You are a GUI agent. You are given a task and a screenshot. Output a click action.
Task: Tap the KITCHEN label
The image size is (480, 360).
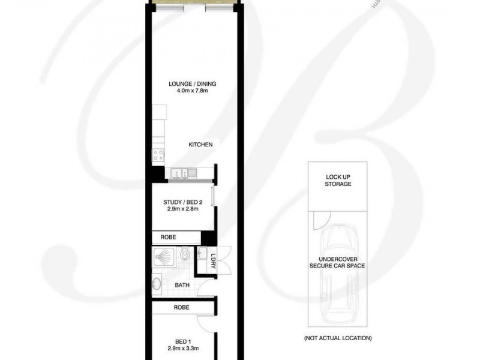(x=200, y=145)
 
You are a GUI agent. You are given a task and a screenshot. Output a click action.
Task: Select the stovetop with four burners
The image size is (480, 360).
(x=158, y=154)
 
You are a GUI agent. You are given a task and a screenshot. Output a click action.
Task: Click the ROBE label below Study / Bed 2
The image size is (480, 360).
(x=168, y=237)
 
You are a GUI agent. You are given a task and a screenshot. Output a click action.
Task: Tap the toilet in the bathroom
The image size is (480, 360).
(x=187, y=256)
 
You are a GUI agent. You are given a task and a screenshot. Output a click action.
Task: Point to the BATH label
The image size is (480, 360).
(x=182, y=285)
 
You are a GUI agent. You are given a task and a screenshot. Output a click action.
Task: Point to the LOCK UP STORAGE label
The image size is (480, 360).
(x=338, y=181)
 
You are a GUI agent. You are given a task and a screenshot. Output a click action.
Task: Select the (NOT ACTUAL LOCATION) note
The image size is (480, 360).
(x=338, y=338)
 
